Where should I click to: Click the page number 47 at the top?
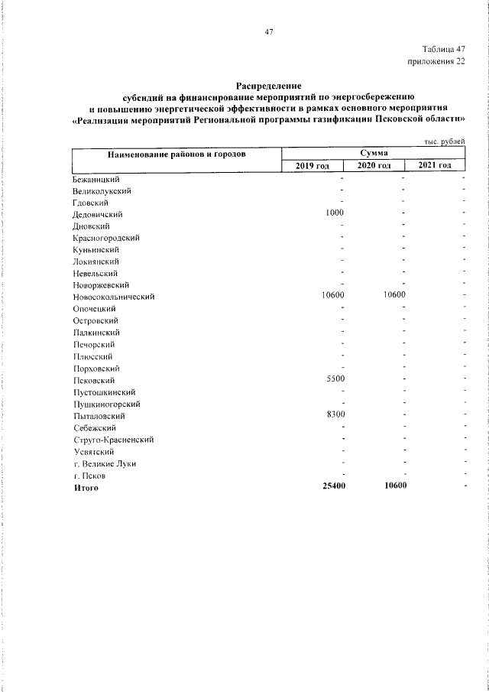point(268,31)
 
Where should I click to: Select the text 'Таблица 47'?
point(442,48)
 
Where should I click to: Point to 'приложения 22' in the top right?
point(437,61)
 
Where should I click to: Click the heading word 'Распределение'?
point(268,86)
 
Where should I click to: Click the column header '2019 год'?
point(313,166)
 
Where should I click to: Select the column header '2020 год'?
point(374,166)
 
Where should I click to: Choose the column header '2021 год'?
point(435,166)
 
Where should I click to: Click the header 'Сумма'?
point(374,153)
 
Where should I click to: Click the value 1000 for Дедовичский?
point(335,213)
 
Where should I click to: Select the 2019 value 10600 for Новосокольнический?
point(332,296)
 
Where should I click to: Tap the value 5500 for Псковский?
point(335,379)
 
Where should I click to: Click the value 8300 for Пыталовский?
point(335,415)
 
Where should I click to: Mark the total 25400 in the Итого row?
point(332,486)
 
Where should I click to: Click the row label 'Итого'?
point(86,487)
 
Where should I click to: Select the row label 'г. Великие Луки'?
point(105,463)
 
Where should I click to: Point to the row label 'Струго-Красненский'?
point(114,440)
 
